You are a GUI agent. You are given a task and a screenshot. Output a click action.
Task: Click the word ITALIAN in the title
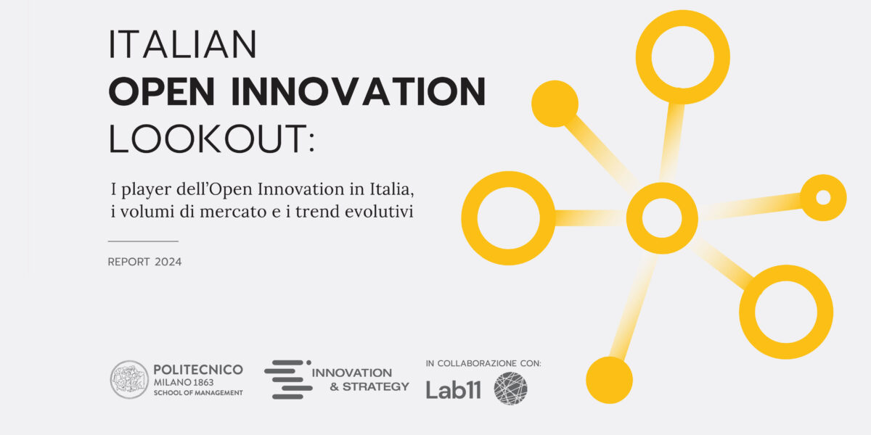[182, 44]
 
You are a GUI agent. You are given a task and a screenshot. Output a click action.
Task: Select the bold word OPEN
[162, 91]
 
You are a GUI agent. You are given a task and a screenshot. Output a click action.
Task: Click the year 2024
[168, 262]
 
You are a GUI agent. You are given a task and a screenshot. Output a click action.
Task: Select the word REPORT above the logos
[128, 262]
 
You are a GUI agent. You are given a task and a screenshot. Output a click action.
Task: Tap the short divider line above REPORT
[143, 241]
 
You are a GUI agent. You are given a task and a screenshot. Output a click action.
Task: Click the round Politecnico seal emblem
[129, 379]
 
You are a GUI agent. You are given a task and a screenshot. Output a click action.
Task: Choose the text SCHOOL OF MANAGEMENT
[198, 393]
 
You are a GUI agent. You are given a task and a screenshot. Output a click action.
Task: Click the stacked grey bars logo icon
[288, 379]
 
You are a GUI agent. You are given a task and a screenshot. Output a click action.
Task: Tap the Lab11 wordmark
[454, 389]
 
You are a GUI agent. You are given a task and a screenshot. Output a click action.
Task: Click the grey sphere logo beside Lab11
[510, 389]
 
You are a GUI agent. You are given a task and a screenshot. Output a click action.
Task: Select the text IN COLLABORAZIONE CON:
[483, 363]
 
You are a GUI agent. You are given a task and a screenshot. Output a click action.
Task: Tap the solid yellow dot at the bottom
[609, 380]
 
